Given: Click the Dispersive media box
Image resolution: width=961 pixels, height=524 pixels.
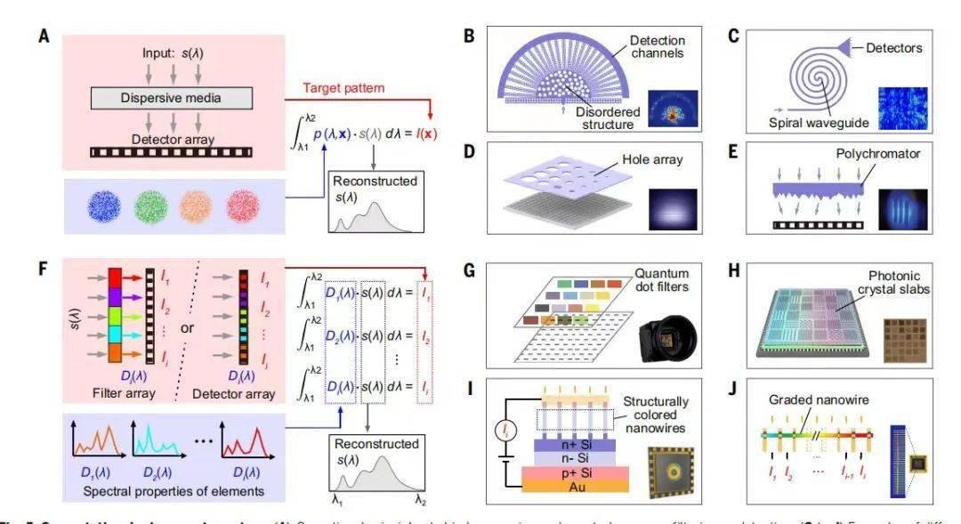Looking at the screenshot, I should click(x=172, y=97).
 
